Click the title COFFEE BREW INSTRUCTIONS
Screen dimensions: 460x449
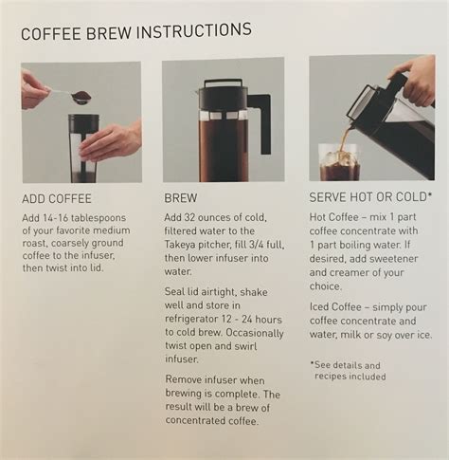(135, 30)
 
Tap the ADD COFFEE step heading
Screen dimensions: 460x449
(57, 199)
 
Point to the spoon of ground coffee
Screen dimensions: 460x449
(80, 97)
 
